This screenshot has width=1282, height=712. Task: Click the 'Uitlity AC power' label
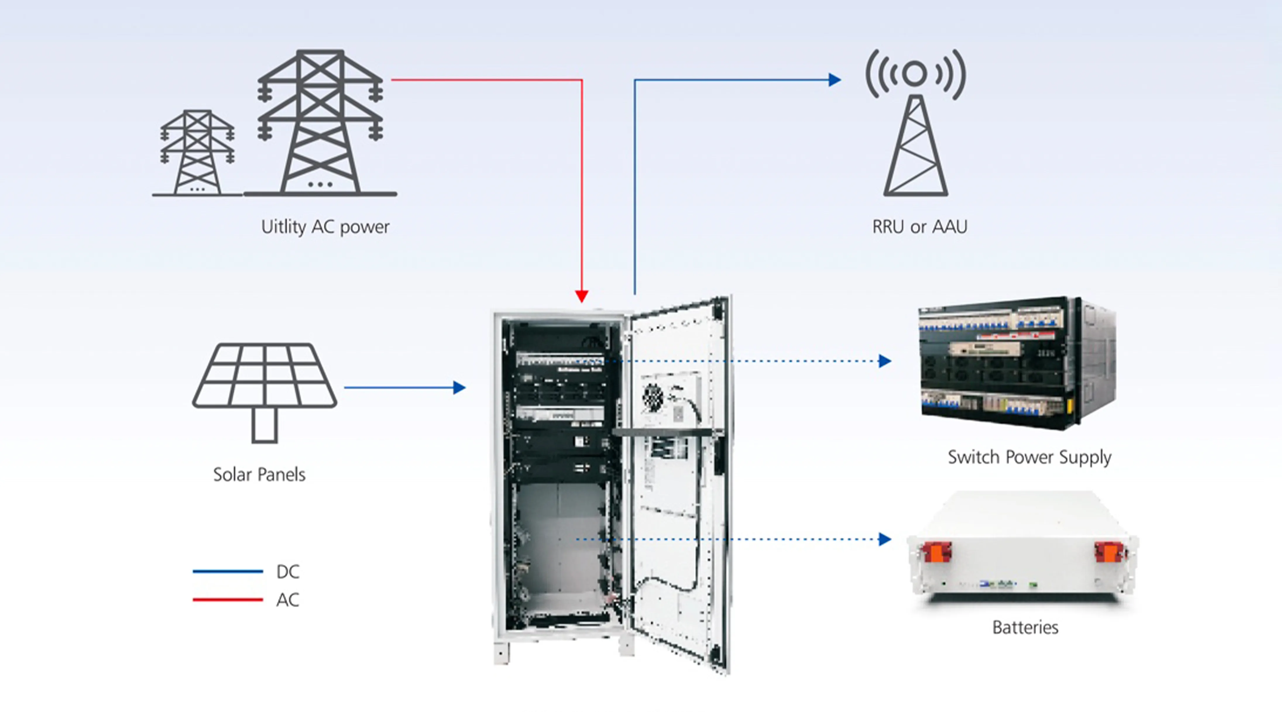point(325,227)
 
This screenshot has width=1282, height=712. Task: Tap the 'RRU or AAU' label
point(919,227)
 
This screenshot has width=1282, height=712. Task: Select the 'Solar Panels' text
point(259,474)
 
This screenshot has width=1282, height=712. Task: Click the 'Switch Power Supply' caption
point(1029,457)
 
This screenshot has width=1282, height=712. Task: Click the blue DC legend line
point(227,572)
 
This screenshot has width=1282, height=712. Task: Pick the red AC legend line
point(227,600)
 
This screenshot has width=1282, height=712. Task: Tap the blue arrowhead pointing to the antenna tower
point(835,80)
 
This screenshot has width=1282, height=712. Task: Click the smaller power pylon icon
point(197,152)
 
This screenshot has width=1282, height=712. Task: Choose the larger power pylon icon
point(320,122)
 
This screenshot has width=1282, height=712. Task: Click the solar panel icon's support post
point(264,425)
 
